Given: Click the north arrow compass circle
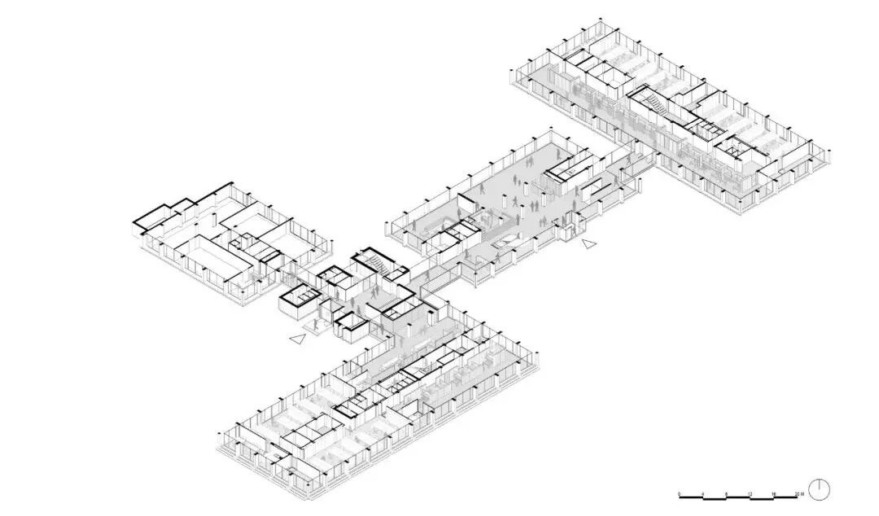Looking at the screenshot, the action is [x=819, y=489].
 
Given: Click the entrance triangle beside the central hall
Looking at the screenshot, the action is [x=588, y=243].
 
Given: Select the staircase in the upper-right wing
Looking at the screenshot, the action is [x=651, y=101].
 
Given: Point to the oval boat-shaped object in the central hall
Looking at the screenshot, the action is [x=505, y=242].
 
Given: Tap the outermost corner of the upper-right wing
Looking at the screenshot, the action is [x=829, y=155].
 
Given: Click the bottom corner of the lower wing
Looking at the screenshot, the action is [x=304, y=496].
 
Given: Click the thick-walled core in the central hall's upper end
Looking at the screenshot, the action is [x=567, y=166].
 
